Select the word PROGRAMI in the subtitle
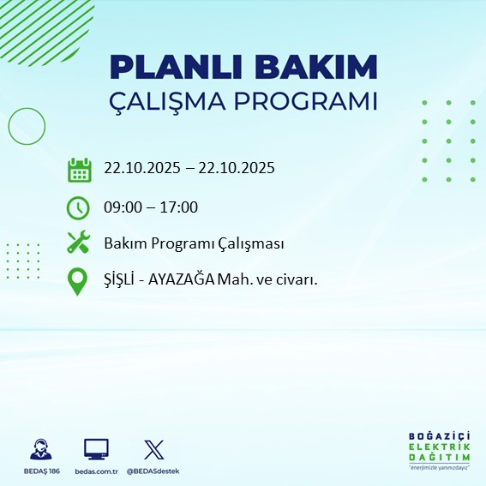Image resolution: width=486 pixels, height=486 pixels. (x=311, y=100)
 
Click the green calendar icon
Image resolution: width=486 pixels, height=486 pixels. (x=79, y=170)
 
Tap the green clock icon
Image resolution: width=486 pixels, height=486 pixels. (x=78, y=207)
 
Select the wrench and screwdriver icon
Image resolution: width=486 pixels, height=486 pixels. (x=78, y=243)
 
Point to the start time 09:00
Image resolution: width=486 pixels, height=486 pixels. (x=123, y=207)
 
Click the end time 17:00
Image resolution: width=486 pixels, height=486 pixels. (x=180, y=207)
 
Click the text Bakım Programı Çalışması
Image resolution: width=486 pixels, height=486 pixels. (x=194, y=244)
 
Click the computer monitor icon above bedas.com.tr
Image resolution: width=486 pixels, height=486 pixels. (x=96, y=449)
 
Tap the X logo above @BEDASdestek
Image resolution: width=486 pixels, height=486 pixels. (x=153, y=449)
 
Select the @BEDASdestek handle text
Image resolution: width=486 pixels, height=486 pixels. (x=153, y=471)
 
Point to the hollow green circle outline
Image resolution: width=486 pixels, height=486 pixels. (x=27, y=126)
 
